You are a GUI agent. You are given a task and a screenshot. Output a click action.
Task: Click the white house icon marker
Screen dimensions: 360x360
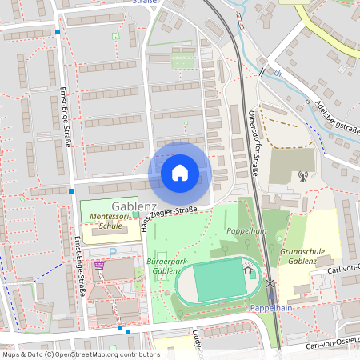180,173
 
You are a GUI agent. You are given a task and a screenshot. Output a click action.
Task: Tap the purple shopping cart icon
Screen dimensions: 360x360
99,266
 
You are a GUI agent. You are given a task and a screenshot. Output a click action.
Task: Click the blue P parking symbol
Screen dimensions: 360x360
113,251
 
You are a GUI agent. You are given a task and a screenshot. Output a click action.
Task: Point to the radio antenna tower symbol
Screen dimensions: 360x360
302,175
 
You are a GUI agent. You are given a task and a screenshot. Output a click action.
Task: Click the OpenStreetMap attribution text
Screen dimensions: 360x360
81,354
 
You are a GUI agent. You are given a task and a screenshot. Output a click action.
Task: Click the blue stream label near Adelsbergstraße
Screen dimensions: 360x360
278,74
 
